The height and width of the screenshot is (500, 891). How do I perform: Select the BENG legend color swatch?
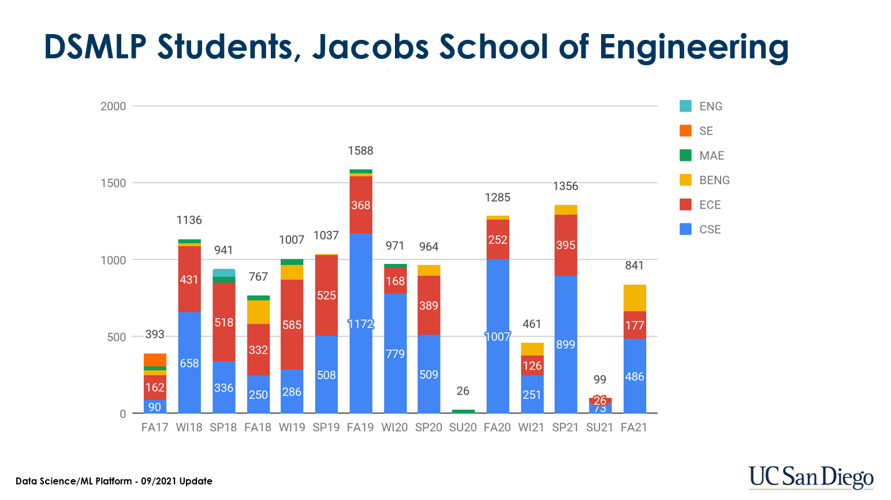tap(685, 180)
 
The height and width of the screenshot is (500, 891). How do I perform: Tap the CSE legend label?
tap(710, 229)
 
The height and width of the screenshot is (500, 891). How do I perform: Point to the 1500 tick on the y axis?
tap(113, 183)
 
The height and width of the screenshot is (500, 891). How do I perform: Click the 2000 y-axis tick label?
tap(113, 106)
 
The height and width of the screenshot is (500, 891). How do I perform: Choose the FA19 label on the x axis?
tap(360, 428)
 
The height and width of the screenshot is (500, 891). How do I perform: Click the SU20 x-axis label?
tap(463, 428)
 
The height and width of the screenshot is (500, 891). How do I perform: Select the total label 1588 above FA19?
tap(360, 151)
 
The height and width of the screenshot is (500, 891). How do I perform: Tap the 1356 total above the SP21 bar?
tap(565, 186)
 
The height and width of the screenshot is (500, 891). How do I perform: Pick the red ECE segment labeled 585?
tap(292, 324)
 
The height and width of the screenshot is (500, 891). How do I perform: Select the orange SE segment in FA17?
tap(155, 360)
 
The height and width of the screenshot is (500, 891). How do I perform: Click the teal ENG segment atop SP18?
tap(223, 273)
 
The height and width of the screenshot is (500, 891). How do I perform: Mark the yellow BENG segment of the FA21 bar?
tap(635, 298)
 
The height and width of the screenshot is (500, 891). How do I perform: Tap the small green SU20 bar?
tap(463, 411)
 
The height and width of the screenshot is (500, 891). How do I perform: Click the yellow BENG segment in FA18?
tap(258, 312)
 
